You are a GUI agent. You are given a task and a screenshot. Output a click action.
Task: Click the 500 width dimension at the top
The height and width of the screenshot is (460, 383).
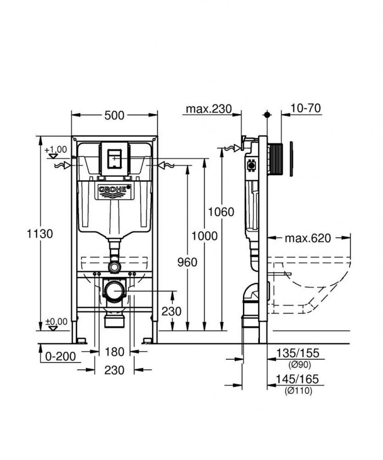114,115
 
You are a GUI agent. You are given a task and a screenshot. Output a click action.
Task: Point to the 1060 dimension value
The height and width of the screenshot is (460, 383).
220,212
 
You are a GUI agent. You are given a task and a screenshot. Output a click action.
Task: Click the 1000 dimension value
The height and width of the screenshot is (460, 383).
204,236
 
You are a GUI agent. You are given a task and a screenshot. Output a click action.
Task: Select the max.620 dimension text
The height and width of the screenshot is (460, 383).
308,238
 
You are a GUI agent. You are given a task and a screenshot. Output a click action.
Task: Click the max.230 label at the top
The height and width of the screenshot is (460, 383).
208,109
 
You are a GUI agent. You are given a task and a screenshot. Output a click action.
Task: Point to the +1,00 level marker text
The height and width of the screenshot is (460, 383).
56,149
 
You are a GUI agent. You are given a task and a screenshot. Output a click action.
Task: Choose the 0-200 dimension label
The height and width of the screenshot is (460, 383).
61,357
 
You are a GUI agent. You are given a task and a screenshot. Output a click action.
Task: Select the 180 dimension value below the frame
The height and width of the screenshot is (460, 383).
114,352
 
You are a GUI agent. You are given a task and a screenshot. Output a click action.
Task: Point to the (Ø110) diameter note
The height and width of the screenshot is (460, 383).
298,391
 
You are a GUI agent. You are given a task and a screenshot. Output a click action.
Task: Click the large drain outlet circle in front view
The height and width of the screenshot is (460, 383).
114,291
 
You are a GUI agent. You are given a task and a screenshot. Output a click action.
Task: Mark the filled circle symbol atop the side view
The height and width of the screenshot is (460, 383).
267,115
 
